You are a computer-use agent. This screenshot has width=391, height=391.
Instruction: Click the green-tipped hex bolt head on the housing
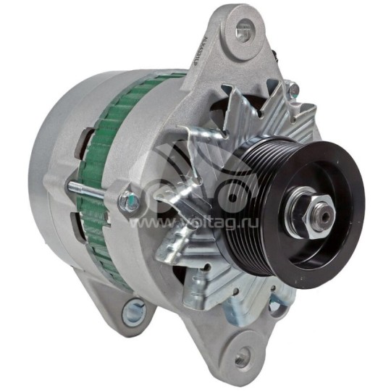[x=130, y=200]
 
